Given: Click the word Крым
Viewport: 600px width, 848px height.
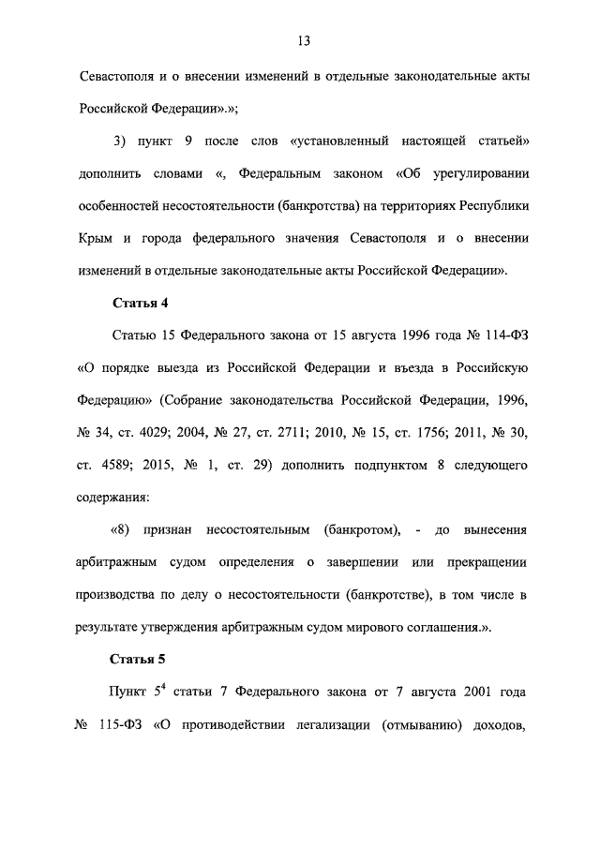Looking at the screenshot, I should [x=95, y=238].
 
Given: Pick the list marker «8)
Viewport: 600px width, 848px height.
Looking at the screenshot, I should [x=119, y=529].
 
